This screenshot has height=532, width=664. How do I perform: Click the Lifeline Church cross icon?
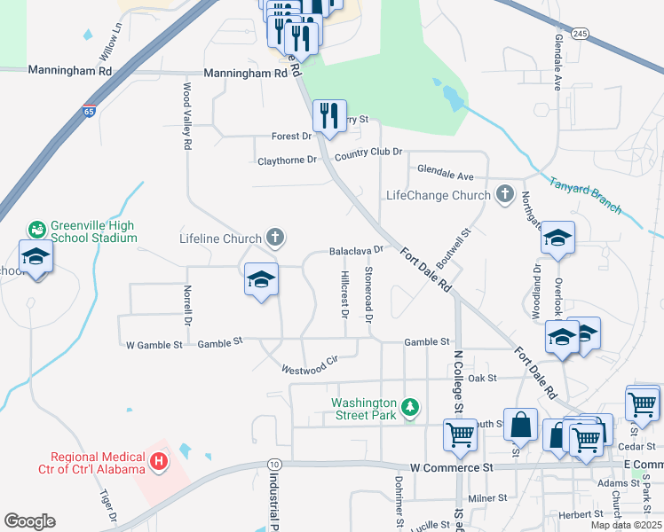click(275, 238)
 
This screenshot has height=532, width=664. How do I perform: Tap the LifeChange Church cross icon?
click(505, 195)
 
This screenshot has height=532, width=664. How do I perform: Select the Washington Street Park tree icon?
click(410, 408)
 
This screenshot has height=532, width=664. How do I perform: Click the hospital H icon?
click(159, 461)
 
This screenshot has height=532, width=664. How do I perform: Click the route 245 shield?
click(580, 34)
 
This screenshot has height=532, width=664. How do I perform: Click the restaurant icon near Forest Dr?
click(330, 115)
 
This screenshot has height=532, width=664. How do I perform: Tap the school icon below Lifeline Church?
click(261, 279)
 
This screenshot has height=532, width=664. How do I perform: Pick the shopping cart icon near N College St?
click(461, 434)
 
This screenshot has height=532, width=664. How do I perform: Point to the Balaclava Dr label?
click(356, 251)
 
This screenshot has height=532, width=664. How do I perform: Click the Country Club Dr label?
click(368, 153)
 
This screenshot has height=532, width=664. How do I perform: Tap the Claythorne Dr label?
click(287, 160)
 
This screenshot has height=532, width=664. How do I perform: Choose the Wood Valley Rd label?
click(188, 116)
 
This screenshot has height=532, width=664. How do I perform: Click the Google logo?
click(29, 521)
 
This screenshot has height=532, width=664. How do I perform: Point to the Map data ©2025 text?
click(626, 525)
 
